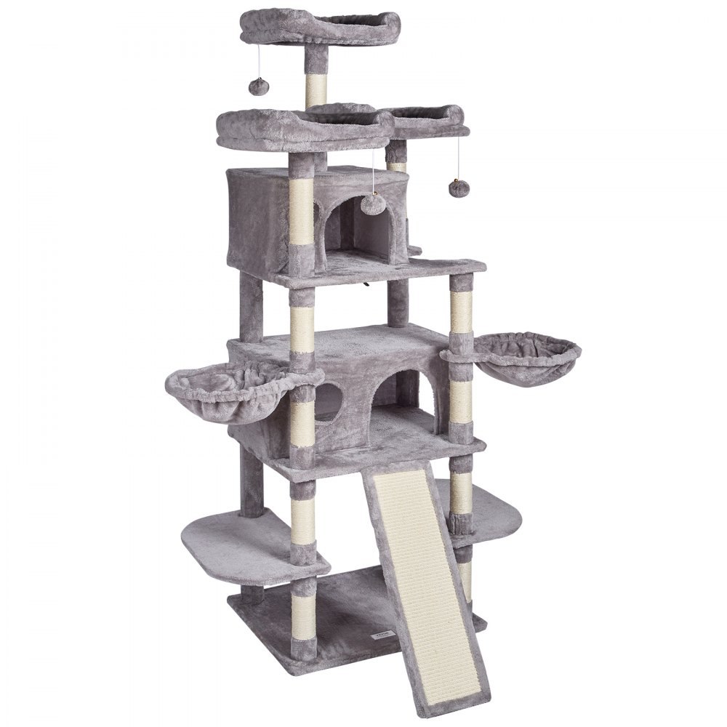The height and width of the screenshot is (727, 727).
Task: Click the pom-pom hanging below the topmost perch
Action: pyautogui.click(x=259, y=87)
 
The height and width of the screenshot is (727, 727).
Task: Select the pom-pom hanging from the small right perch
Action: pyautogui.click(x=457, y=188)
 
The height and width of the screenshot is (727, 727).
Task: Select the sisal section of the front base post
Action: pyautogui.click(x=302, y=611)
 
